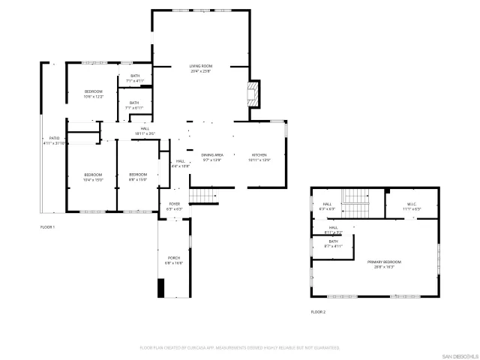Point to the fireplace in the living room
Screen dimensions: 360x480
[x=253, y=94]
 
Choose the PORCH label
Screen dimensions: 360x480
[x=174, y=260]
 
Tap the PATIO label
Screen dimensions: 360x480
[x=54, y=140]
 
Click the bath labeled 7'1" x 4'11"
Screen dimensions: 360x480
[x=134, y=78]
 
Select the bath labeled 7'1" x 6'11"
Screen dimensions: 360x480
[x=134, y=105]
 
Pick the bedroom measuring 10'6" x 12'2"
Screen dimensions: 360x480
[x=93, y=94]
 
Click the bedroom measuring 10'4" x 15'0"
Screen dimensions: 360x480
[x=93, y=177]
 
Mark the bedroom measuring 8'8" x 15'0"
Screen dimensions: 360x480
[x=137, y=177]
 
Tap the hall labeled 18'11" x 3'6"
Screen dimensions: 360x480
[x=145, y=130]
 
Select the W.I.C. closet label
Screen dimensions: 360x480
[x=412, y=205]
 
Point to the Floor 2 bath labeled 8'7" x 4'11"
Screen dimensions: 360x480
[x=333, y=244]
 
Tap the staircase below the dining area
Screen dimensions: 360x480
[x=202, y=196]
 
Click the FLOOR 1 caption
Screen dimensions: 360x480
[x=47, y=226]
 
